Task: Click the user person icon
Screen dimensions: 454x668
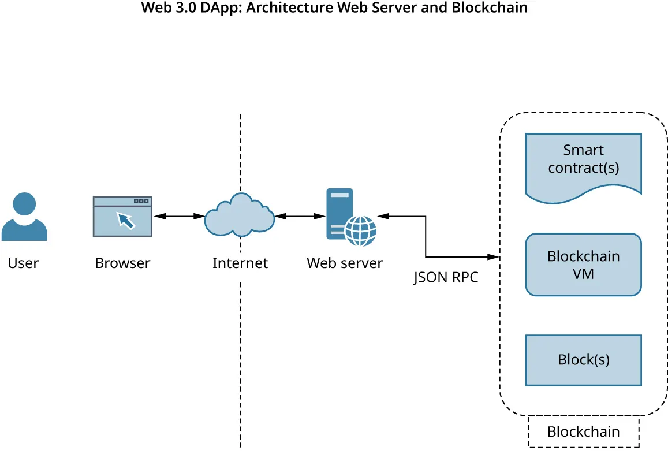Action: (24, 218)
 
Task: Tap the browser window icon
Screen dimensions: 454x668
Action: (122, 217)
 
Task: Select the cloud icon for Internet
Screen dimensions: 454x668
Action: (240, 216)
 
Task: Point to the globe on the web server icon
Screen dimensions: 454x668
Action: (360, 230)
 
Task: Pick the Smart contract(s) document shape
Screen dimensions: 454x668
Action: (583, 165)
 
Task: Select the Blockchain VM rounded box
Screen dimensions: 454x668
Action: (583, 265)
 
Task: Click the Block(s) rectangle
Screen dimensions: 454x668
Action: (583, 360)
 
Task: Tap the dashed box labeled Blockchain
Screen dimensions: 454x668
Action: (583, 431)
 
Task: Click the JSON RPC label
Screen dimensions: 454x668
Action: (446, 278)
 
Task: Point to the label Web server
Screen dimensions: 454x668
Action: (344, 263)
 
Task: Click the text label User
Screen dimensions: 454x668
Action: (23, 263)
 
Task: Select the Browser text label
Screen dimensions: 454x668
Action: (122, 263)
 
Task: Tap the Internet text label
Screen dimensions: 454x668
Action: (240, 263)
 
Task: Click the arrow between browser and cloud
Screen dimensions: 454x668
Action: (179, 216)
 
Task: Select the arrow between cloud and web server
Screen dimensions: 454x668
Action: (300, 216)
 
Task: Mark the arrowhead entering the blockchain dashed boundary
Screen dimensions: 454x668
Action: (494, 256)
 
